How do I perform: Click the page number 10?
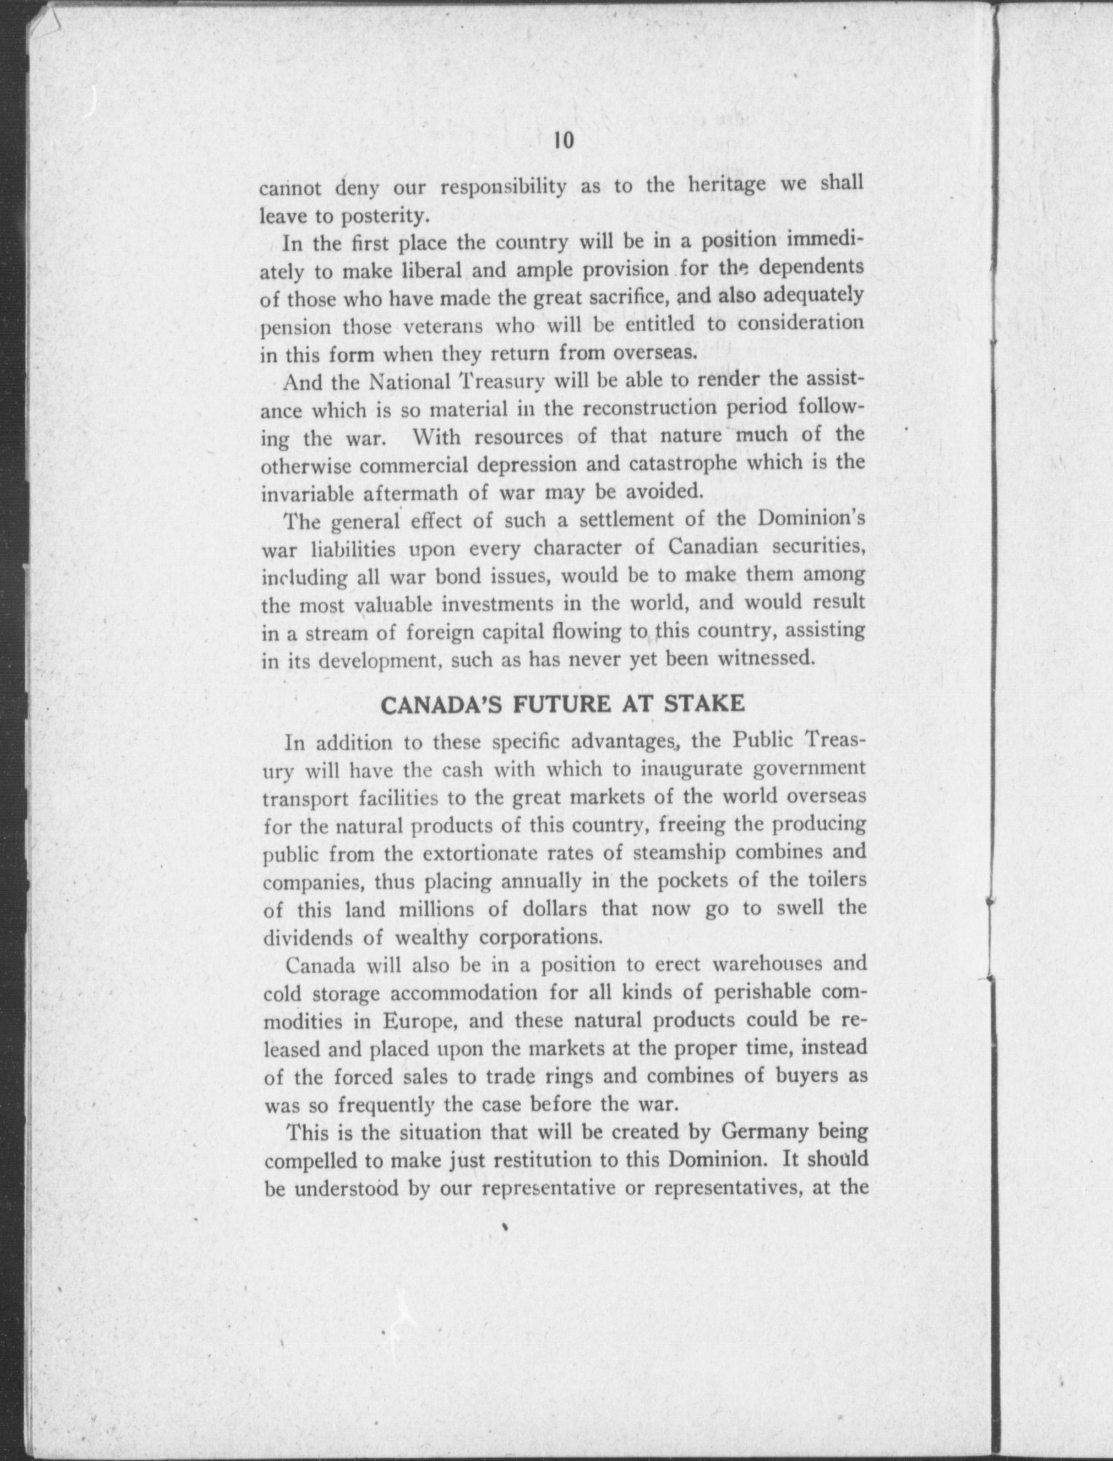tap(563, 141)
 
